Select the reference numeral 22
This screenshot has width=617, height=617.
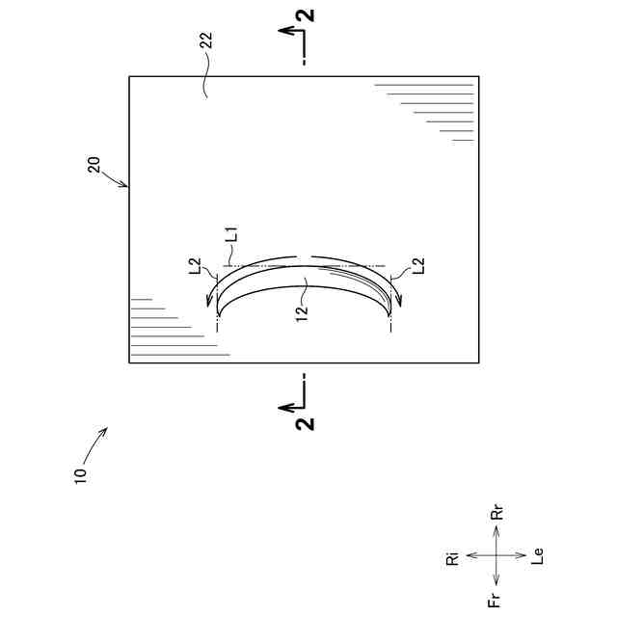(x=205, y=44)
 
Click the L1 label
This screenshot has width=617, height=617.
(x=230, y=233)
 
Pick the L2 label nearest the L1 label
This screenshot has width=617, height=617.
(x=196, y=265)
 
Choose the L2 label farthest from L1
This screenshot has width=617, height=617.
(x=418, y=265)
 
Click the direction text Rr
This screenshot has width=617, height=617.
(x=497, y=513)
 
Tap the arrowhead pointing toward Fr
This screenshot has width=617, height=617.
(x=496, y=580)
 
